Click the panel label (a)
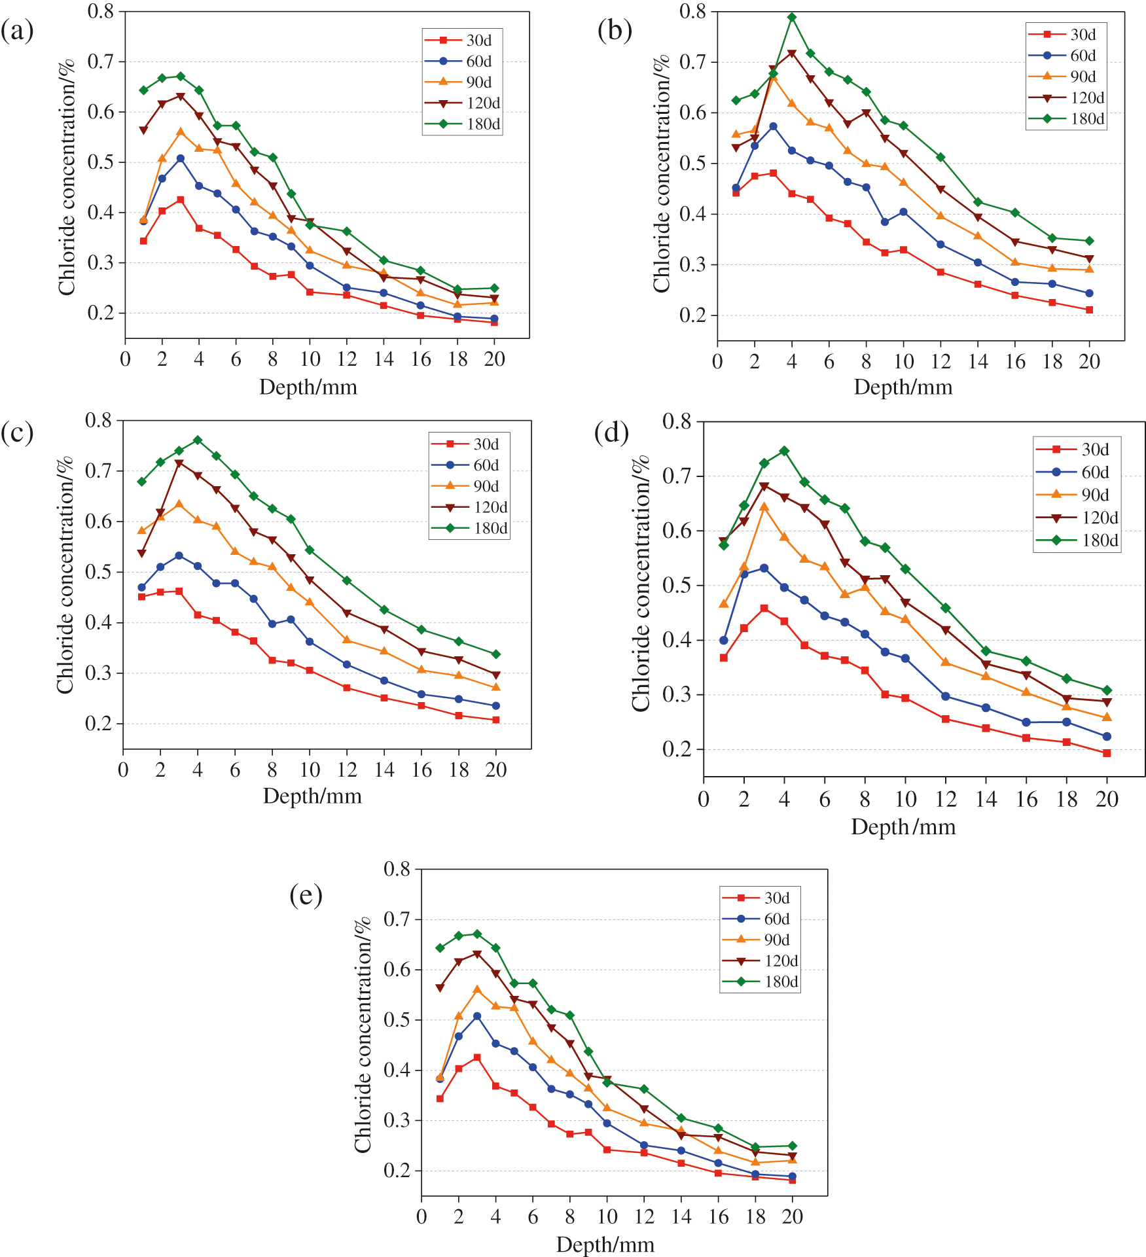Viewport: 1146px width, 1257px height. pyautogui.click(x=17, y=31)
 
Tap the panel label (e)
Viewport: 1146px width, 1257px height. pyautogui.click(x=306, y=895)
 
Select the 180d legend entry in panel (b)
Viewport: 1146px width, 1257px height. pyautogui.click(x=1067, y=118)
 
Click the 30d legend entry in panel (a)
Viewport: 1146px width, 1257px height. pyautogui.click(x=464, y=41)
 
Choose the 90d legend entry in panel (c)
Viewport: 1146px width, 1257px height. pyautogui.click(x=471, y=486)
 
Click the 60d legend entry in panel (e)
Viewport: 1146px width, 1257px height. pyautogui.click(x=762, y=919)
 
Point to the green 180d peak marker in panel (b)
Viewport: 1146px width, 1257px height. pyautogui.click(x=792, y=18)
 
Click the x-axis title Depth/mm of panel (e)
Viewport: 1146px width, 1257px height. pyautogui.click(x=605, y=1244)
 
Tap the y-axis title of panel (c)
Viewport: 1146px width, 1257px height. pyautogui.click(x=65, y=576)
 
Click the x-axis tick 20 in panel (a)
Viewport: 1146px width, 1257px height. pyautogui.click(x=494, y=359)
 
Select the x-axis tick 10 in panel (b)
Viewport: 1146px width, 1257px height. pyautogui.click(x=903, y=361)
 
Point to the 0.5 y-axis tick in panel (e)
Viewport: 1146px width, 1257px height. pyautogui.click(x=397, y=1019)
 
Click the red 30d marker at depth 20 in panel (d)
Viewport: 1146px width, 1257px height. pyautogui.click(x=1107, y=753)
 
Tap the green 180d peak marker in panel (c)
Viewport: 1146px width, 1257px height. pyautogui.click(x=198, y=440)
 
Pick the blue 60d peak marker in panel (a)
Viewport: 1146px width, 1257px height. pyautogui.click(x=181, y=158)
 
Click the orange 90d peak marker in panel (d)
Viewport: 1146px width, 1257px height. pyautogui.click(x=764, y=507)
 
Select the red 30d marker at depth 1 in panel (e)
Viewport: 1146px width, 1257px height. pyautogui.click(x=440, y=1099)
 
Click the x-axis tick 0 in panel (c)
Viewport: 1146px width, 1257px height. pyautogui.click(x=123, y=770)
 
